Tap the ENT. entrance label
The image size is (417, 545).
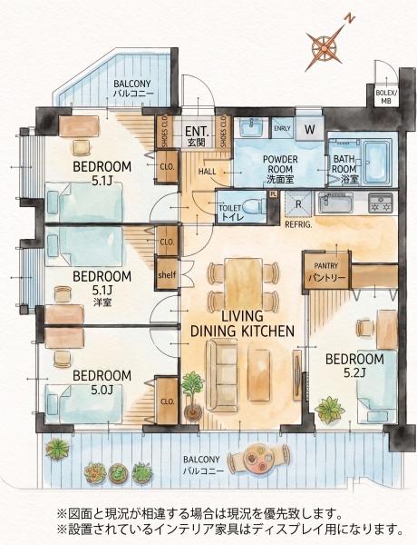click(197, 132)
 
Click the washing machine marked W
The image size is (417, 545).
click(309, 129)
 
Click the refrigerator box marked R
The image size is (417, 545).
click(298, 203)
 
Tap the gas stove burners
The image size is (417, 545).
click(381, 203)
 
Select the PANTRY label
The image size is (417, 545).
click(326, 266)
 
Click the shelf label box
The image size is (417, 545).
click(167, 274)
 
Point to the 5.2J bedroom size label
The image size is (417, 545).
click(354, 373)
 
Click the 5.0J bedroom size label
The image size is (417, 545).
click(102, 390)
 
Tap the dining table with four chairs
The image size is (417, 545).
click(243, 282)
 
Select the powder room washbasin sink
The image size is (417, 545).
click(252, 127)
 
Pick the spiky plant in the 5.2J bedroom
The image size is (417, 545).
click(329, 409)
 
